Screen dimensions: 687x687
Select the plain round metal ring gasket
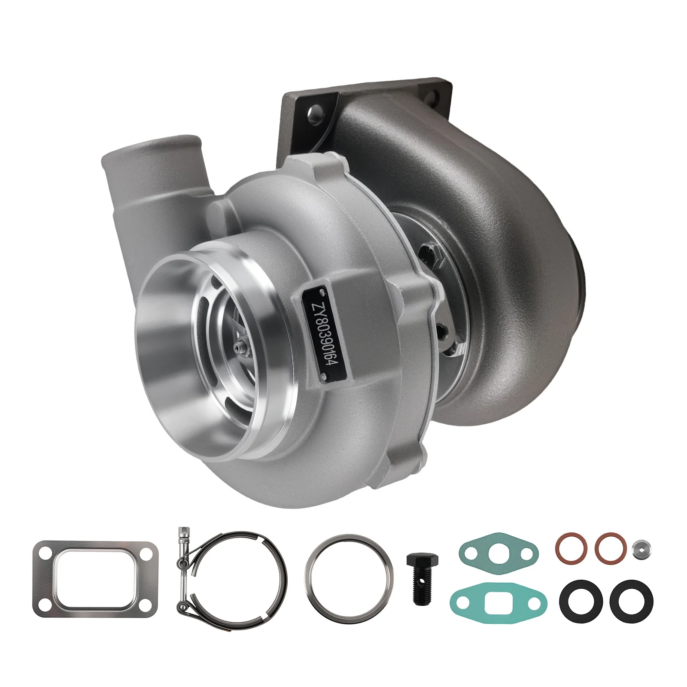click(348, 571)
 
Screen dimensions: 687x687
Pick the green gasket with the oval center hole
click(498, 550)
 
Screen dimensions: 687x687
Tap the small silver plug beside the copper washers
click(641, 549)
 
